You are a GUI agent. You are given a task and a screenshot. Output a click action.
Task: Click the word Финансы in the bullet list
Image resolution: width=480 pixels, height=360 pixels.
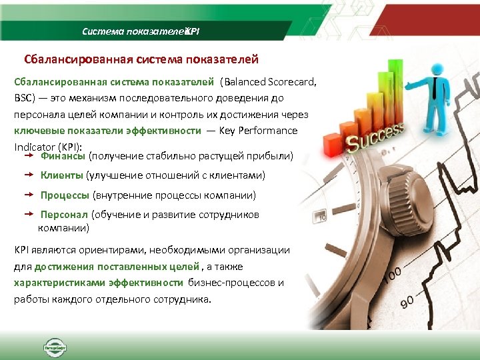(x=63, y=156)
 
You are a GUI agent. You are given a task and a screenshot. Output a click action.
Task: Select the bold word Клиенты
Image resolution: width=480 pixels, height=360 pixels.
(x=62, y=175)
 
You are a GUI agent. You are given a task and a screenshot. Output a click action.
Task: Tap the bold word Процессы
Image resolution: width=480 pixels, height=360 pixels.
(x=65, y=195)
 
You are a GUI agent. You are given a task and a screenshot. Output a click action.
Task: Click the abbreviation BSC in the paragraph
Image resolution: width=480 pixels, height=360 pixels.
(x=23, y=98)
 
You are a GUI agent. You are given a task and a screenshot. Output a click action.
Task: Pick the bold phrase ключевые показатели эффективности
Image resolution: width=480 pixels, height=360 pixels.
(x=107, y=131)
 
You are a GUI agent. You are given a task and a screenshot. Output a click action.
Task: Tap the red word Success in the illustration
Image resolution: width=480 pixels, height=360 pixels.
(x=374, y=136)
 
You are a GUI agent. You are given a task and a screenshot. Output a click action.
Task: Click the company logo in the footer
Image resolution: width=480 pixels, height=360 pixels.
(x=51, y=347)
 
